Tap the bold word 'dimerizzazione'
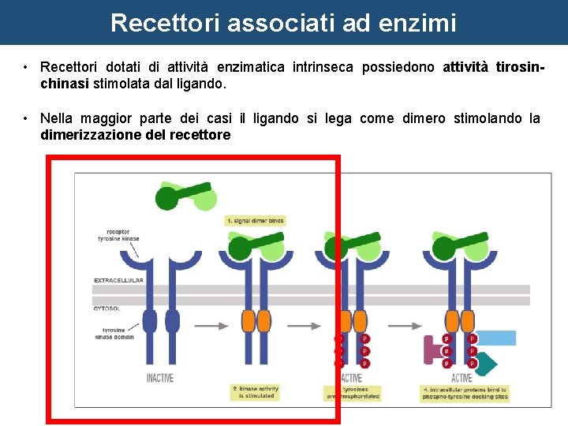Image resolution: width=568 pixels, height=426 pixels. (x=86, y=135)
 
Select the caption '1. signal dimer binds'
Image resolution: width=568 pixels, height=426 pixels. (x=255, y=221)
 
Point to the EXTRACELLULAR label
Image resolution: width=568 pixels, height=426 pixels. (x=119, y=280)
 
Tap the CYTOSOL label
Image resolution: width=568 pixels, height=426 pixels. (x=107, y=308)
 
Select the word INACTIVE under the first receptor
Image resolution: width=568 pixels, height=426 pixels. (x=160, y=378)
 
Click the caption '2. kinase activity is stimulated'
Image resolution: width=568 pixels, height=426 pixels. (x=256, y=391)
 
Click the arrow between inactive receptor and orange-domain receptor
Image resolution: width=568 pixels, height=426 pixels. (x=207, y=324)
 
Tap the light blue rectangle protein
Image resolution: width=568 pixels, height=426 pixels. (x=496, y=338)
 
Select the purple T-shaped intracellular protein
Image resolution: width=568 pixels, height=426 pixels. (x=433, y=350)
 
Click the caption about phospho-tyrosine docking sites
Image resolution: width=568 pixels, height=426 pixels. (x=465, y=393)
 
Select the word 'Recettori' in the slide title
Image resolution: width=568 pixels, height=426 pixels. (x=166, y=22)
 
